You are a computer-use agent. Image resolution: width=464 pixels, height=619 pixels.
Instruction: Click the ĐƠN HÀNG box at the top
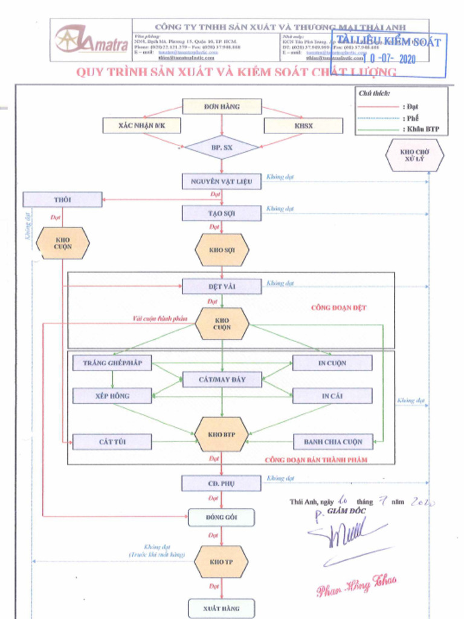[222, 106]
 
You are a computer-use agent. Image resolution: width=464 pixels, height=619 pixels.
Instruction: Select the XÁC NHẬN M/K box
[141, 126]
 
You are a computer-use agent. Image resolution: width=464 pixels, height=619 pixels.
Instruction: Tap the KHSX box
[303, 126]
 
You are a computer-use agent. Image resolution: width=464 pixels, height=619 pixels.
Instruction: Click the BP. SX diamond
[222, 147]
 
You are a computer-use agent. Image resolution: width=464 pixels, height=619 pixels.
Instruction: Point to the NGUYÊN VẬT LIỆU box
[222, 181]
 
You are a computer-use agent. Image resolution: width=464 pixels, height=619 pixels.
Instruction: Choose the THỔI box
[62, 199]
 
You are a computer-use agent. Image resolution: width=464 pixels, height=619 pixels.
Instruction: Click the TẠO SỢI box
[222, 213]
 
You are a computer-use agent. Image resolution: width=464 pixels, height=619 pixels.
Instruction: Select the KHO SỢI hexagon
[222, 250]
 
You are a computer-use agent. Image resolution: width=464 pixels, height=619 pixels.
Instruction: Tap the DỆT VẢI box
[222, 287]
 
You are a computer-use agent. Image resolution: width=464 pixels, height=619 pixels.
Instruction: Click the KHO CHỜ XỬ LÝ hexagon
[414, 155]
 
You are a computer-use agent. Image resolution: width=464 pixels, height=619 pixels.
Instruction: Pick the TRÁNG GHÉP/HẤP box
[112, 363]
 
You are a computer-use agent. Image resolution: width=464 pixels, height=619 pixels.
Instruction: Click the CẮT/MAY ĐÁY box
[222, 380]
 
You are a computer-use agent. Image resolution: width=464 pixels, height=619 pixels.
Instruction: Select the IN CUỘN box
[332, 363]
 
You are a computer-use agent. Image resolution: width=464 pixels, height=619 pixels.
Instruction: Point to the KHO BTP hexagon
[222, 434]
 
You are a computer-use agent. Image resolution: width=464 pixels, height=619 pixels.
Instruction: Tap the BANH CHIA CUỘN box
[332, 442]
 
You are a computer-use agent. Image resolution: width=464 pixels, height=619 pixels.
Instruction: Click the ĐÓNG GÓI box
[221, 517]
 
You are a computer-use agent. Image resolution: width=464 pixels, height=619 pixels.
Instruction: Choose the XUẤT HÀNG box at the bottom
[221, 608]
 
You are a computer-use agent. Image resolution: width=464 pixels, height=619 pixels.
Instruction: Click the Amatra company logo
[91, 40]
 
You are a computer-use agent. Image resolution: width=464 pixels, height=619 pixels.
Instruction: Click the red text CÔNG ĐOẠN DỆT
[338, 308]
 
